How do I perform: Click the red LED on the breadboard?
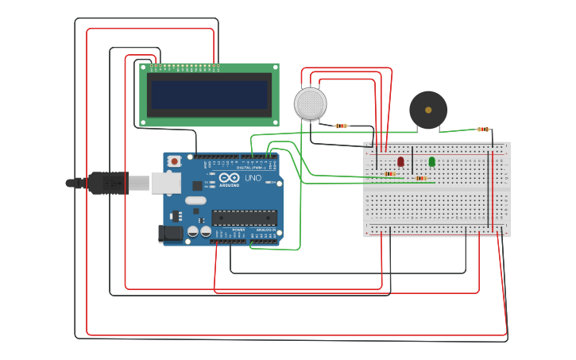pos(400,161)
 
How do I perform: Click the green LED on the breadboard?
pos(432,161)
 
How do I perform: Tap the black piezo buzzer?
pos(428,110)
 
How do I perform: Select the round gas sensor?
pos(310,104)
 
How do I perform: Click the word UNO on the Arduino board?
pos(253,178)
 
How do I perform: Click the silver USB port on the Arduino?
pos(165,184)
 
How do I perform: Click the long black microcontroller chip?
pos(244,218)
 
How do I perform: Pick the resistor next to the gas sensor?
pos(342,126)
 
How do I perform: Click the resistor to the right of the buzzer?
pos(483,129)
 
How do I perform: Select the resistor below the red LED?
pos(390,173)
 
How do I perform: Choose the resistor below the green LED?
pos(421,178)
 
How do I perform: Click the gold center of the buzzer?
pos(428,110)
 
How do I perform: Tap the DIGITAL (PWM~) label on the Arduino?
pos(249,168)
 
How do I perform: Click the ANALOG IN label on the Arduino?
pos(265,230)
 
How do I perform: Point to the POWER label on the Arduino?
pos(238,230)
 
